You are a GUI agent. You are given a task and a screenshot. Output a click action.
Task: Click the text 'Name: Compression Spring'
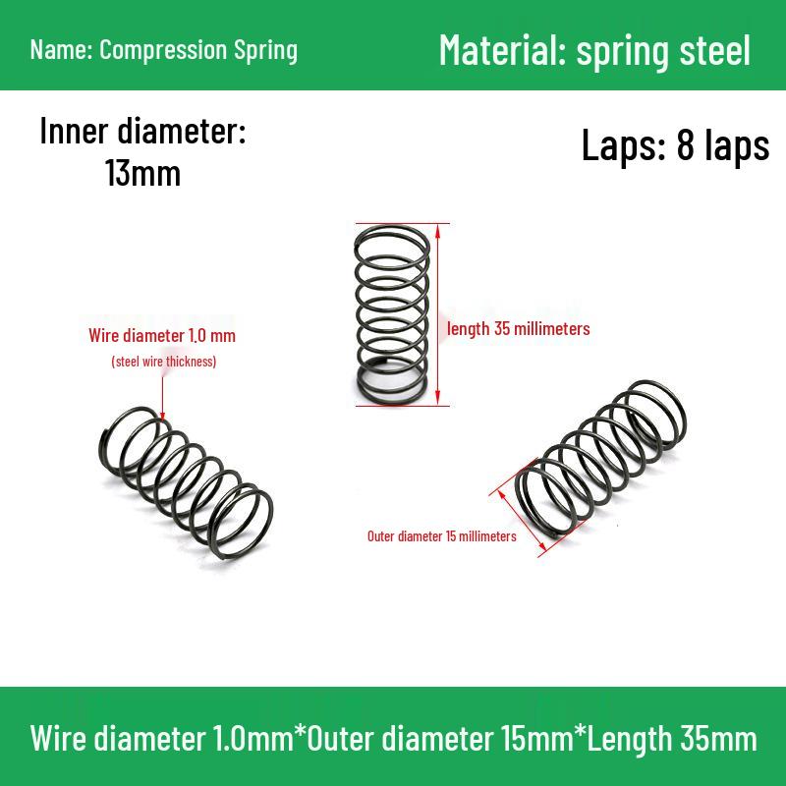pos(164,51)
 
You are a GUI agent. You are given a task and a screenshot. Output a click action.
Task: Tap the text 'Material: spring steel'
pos(594,51)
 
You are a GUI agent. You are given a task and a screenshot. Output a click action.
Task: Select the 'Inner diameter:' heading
pos(142,131)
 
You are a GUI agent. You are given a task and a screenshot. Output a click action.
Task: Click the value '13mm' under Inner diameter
pos(142,173)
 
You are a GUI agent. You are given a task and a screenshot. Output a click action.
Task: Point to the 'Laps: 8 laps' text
pos(675,144)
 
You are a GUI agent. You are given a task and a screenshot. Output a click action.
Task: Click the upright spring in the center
pos(391,314)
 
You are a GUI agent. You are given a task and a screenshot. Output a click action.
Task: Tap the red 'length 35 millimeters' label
pos(519,329)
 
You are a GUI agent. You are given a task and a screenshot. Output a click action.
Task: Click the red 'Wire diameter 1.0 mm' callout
pos(162,335)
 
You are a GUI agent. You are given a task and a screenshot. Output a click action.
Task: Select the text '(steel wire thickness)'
pos(164,362)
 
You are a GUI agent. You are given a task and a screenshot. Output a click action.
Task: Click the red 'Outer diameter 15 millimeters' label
pos(441,536)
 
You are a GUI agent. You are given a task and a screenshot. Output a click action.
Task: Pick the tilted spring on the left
pos(186,482)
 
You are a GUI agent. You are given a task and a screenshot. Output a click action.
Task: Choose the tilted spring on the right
pos(600,460)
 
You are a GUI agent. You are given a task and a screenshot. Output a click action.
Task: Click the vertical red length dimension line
pos(437,314)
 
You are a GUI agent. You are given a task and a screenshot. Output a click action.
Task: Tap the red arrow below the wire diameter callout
pos(162,399)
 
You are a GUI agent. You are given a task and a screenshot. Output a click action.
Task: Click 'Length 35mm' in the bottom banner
pos(672,739)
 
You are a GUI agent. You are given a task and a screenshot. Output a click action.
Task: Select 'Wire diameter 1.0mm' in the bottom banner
pos(162,739)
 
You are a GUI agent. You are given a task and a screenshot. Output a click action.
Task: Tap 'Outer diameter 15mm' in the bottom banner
pos(439,739)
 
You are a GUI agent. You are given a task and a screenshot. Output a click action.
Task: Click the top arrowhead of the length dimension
pos(437,232)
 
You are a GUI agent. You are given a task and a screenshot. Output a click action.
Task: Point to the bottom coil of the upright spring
pos(391,401)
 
